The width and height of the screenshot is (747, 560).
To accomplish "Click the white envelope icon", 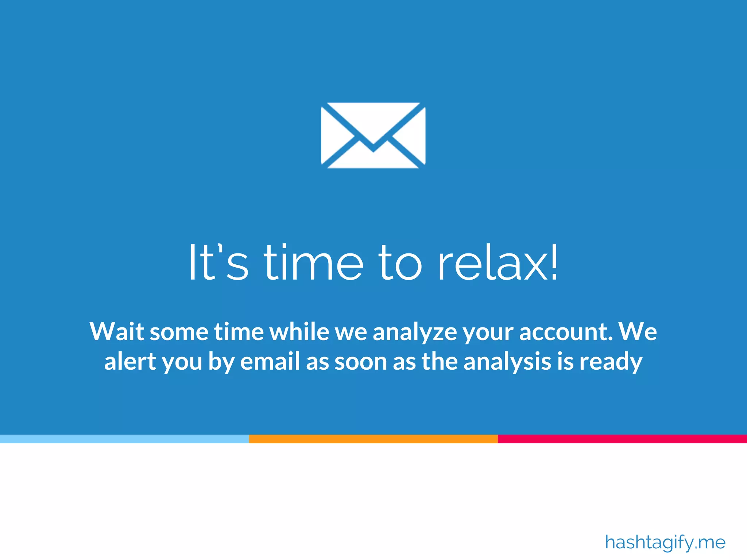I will coord(373,135).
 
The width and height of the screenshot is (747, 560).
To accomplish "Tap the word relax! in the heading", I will coord(498,263).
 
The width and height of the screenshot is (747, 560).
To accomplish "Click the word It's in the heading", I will coord(218,263).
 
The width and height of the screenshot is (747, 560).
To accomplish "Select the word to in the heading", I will coord(400,263).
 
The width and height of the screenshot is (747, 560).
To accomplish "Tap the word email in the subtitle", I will coord(270,361).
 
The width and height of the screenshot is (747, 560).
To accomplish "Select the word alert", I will coord(130,361).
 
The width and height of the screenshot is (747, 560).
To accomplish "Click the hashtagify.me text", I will coord(665,542).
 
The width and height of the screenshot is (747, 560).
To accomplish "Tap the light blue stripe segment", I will coord(124,439).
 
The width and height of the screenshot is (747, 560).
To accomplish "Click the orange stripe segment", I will coord(373,439).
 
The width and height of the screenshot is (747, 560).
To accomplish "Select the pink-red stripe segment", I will coord(622,439).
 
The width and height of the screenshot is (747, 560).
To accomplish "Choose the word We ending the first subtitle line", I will coord(638,331).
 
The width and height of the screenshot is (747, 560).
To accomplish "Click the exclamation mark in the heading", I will coord(554,262).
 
